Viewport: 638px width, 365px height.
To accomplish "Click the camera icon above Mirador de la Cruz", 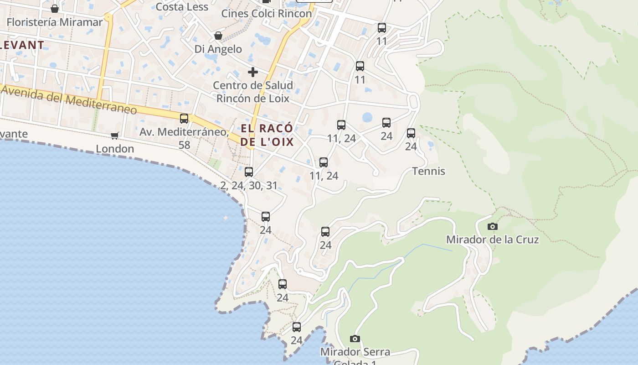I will pyautogui.click(x=492, y=226).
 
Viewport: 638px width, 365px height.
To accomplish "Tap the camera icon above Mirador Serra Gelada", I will pyautogui.click(x=355, y=339).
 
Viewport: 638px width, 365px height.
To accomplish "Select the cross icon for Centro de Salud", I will pyautogui.click(x=253, y=72).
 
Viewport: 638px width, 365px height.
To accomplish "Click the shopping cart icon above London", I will pyautogui.click(x=115, y=136).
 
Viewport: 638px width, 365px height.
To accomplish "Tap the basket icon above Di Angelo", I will pyautogui.click(x=218, y=36).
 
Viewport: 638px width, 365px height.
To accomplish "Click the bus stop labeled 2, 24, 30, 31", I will pyautogui.click(x=249, y=172).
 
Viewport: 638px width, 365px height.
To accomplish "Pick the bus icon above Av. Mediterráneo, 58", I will pyautogui.click(x=184, y=119).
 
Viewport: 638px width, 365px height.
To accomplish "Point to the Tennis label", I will pyautogui.click(x=428, y=171).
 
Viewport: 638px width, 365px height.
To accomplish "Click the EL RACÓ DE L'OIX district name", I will pyautogui.click(x=267, y=135).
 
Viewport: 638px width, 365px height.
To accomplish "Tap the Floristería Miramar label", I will pyautogui.click(x=55, y=22).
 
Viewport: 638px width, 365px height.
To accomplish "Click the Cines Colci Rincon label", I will pyautogui.click(x=267, y=13).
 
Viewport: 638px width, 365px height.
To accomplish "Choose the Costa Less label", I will pyautogui.click(x=182, y=7).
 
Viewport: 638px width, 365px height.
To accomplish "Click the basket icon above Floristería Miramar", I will pyautogui.click(x=55, y=9).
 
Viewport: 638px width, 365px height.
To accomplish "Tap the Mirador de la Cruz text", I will pyautogui.click(x=492, y=240).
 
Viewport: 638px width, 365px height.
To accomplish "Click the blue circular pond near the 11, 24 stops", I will pyautogui.click(x=367, y=118).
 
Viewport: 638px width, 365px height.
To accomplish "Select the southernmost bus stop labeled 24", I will pyautogui.click(x=297, y=327).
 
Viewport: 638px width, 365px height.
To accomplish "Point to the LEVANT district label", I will pyautogui.click(x=22, y=45).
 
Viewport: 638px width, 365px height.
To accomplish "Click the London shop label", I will pyautogui.click(x=115, y=149).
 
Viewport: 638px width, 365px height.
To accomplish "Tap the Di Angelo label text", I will pyautogui.click(x=218, y=49).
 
